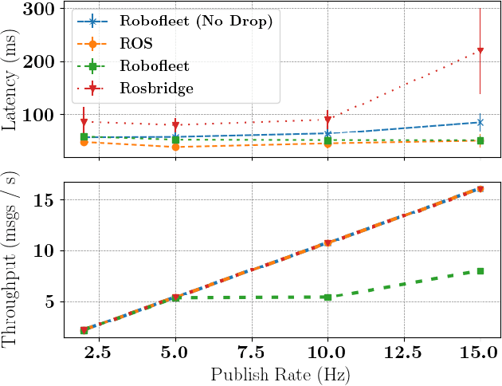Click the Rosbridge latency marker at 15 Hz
(x=480, y=51)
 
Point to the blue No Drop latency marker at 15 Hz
(x=480, y=122)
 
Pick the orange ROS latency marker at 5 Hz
(x=175, y=147)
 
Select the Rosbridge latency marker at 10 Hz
(x=327, y=120)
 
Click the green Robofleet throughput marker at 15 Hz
(x=480, y=271)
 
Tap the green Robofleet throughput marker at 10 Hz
(x=327, y=297)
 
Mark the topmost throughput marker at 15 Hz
(x=480, y=189)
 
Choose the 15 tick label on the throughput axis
(x=47, y=199)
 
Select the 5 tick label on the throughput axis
(x=52, y=301)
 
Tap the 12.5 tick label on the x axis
(x=403, y=351)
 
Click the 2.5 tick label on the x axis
(x=99, y=351)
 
